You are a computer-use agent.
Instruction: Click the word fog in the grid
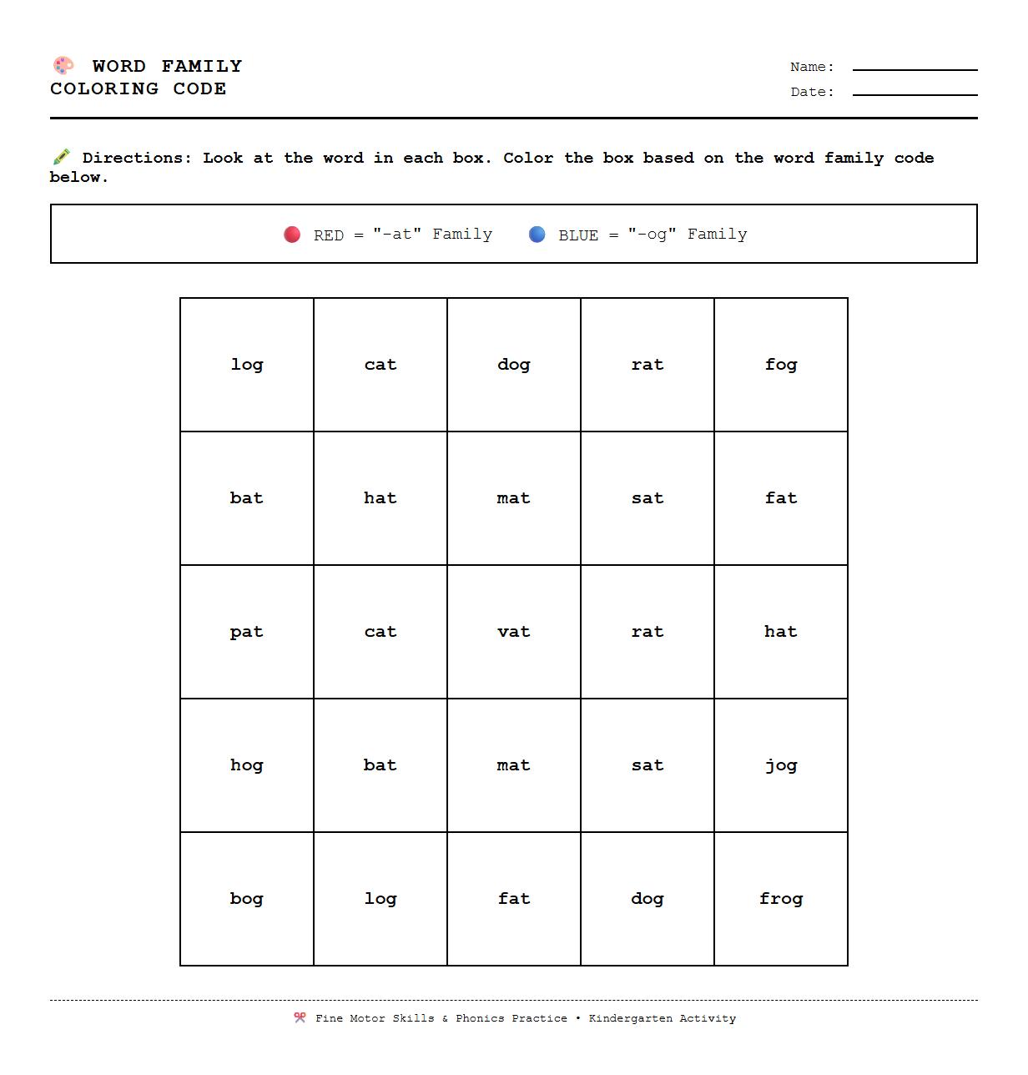coord(781,365)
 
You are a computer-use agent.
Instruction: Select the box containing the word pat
coord(247,632)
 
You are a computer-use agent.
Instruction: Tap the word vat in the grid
coord(514,632)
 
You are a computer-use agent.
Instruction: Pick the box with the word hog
coord(247,765)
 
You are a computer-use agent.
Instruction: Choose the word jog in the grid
coord(781,765)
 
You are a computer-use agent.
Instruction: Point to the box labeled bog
coord(247,899)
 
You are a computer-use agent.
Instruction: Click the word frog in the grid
coord(781,899)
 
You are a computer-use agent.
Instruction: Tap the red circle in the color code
coord(292,235)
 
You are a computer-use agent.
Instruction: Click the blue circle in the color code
coord(537,235)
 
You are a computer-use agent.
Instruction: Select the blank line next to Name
coord(915,68)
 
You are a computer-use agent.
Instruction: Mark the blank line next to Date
coord(915,93)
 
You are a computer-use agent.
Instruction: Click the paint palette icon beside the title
coord(63,65)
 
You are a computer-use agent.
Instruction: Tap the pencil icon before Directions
coord(61,157)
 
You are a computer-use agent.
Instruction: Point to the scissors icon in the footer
coord(300,1017)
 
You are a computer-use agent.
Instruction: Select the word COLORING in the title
coord(104,88)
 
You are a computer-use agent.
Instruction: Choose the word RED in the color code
coord(329,235)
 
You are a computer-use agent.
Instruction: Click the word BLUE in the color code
coord(578,235)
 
